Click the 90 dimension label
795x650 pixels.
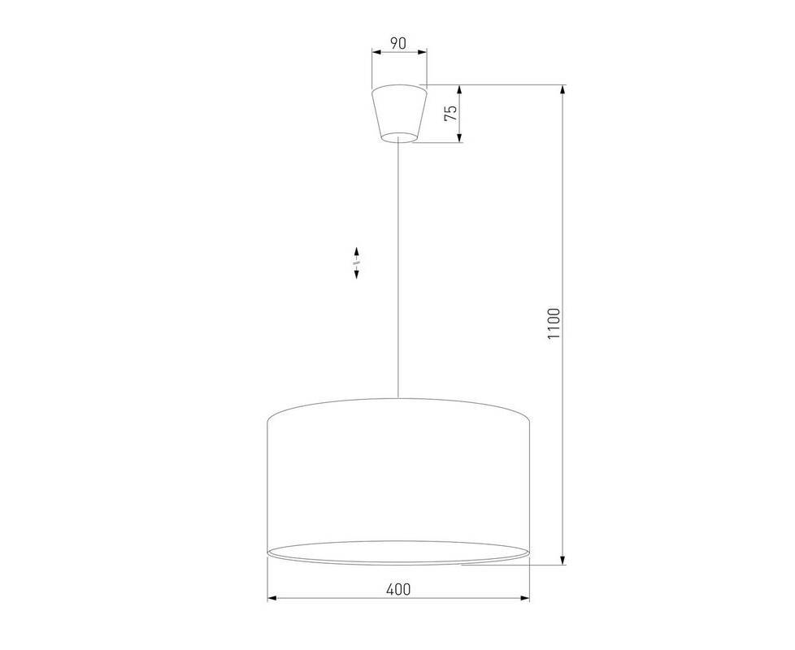398,43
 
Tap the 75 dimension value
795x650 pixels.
450,113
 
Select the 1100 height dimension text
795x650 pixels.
554,323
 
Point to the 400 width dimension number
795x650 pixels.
398,589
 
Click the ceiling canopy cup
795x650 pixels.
399,114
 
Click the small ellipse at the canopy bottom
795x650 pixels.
399,137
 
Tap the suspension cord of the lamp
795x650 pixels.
398,270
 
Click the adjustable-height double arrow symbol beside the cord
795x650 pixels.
356,263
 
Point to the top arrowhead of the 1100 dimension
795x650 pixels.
562,89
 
